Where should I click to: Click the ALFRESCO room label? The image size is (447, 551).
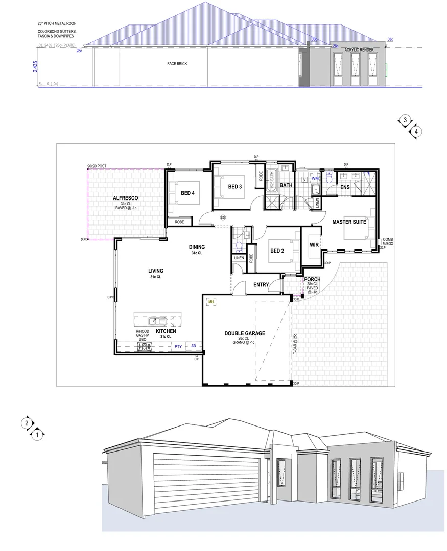pos(126,198)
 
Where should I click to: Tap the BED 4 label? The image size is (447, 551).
pos(187,193)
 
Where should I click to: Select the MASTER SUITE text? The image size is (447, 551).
pos(348,222)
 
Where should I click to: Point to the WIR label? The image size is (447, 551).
pos(314,245)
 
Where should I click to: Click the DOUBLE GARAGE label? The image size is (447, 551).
pos(245,333)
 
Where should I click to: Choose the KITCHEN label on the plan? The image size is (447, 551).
pos(166,331)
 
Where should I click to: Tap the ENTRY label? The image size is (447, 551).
pos(261,284)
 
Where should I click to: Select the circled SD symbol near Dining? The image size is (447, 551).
pos(223,217)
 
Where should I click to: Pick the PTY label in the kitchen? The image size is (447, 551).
pos(178,346)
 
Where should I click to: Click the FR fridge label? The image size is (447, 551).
pos(193,346)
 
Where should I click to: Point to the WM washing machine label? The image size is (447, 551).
pos(315,178)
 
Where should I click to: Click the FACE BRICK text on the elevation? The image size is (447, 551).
pos(175,64)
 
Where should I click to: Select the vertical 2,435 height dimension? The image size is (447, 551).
pos(35,67)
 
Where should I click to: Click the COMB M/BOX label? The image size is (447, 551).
pos(388,241)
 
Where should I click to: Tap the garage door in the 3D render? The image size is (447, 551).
pos(206,480)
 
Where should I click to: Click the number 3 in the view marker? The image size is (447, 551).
pos(405,120)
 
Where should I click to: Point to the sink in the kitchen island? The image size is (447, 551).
pos(154,321)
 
